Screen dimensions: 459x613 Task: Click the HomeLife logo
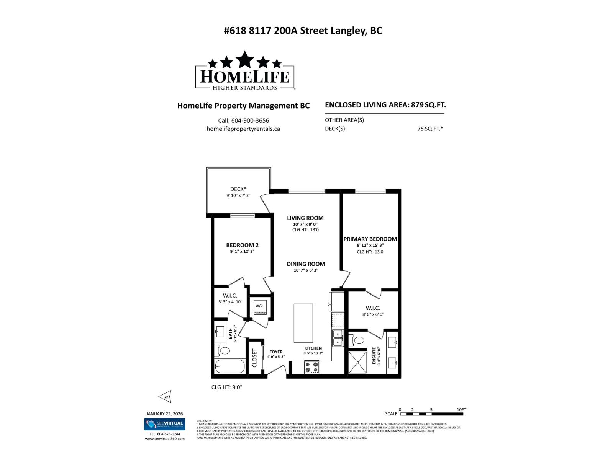pos(245,71)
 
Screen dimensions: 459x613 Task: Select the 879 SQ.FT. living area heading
pos(385,105)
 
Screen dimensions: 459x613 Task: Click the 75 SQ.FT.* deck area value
pos(430,129)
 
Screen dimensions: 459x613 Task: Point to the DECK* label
pos(238,189)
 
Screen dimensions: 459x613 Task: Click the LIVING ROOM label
pos(305,218)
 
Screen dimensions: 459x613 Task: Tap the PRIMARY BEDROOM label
pos(370,239)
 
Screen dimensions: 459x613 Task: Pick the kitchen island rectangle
pos(303,323)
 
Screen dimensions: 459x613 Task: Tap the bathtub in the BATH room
pos(229,367)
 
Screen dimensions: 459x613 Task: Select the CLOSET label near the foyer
pos(255,358)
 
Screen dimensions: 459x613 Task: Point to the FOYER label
pos(276,352)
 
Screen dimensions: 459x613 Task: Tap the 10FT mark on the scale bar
pos(461,410)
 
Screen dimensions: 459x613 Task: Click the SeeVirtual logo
pos(165,424)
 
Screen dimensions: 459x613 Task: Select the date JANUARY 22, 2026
pos(165,413)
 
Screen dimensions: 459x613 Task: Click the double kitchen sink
pos(338,338)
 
